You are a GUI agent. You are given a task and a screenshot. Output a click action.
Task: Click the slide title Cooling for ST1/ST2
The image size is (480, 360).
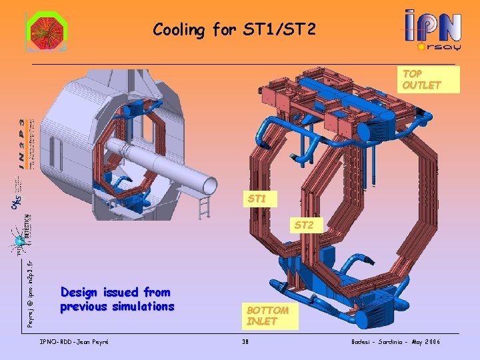pyautogui.click(x=234, y=29)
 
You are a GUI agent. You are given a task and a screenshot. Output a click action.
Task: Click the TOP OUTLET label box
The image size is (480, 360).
pyautogui.click(x=421, y=79)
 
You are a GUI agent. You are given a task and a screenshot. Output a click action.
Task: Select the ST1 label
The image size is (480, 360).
pyautogui.click(x=257, y=199)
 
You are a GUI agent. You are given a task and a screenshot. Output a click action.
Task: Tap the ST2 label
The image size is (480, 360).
pyautogui.click(x=303, y=225)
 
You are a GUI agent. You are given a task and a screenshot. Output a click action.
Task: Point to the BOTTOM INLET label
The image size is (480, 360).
pyautogui.click(x=267, y=316)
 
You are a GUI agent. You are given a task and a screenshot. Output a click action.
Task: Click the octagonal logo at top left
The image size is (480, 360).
pyautogui.click(x=46, y=32)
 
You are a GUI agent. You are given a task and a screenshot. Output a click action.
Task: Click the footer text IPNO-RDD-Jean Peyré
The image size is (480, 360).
pyautogui.click(x=75, y=342)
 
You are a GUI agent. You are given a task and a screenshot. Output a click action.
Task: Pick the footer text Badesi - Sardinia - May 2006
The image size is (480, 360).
pyautogui.click(x=396, y=342)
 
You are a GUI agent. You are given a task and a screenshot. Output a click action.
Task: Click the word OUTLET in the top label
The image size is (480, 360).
pyautogui.click(x=421, y=85)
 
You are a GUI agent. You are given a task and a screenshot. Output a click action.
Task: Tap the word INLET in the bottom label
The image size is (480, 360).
pyautogui.click(x=262, y=321)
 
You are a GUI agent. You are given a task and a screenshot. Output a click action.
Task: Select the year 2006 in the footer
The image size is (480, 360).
pyautogui.click(x=431, y=342)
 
